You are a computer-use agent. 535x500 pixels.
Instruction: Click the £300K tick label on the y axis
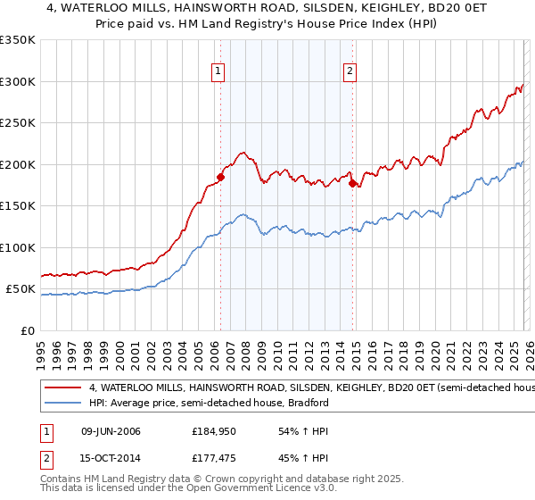pyautogui.click(x=18, y=81)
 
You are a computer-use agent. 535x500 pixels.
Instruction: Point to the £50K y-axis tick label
pyautogui.click(x=21, y=289)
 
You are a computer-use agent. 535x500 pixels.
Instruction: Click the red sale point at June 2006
pyautogui.click(x=220, y=177)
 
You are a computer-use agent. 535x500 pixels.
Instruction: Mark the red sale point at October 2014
pyautogui.click(x=352, y=183)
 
